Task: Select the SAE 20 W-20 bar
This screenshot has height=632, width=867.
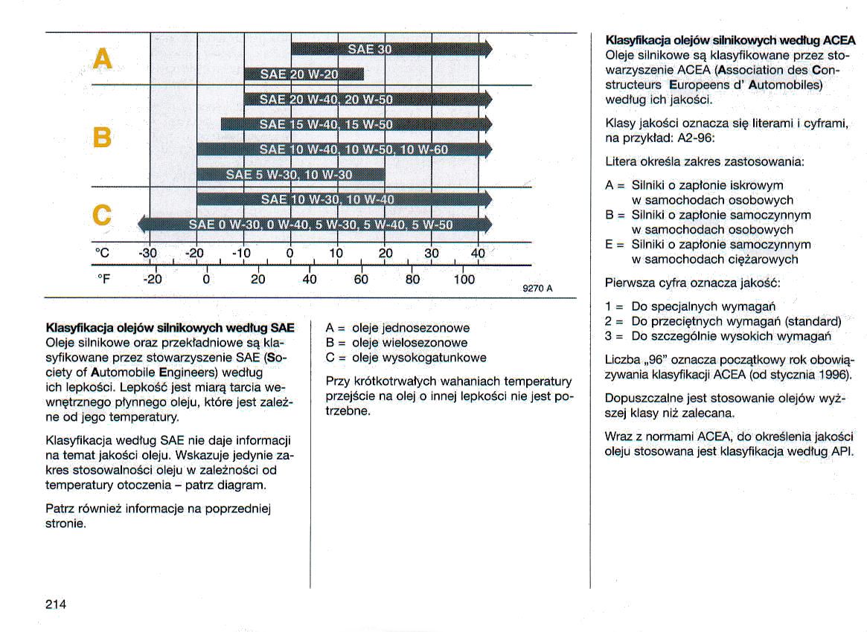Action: [x=304, y=74]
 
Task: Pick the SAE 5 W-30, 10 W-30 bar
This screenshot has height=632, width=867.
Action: [x=290, y=175]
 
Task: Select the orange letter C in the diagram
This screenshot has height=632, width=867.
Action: [x=101, y=215]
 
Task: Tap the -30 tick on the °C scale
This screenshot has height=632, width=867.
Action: [x=149, y=254]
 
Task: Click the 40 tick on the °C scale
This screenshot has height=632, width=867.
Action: [x=478, y=254]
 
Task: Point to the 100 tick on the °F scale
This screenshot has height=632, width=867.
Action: [x=464, y=280]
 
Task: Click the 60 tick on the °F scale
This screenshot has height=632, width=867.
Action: [x=361, y=280]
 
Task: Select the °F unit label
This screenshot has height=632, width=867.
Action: [x=104, y=280]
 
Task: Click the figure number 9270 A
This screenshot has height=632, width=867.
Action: [x=538, y=288]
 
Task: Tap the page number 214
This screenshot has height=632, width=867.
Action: [x=57, y=604]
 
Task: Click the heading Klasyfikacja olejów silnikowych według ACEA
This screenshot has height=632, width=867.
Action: [x=731, y=40]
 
